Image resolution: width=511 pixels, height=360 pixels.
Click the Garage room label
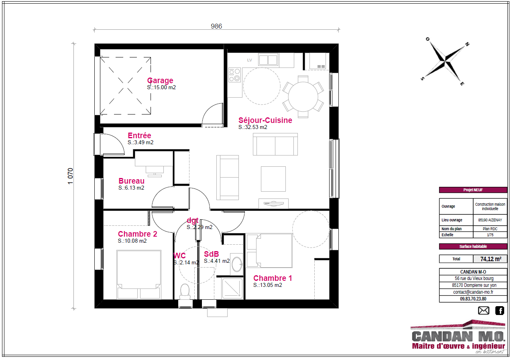click(160, 80)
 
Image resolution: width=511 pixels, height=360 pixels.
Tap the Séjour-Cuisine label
click(265, 120)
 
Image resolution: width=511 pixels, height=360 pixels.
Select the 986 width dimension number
click(216, 26)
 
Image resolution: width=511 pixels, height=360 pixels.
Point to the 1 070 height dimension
click(70, 176)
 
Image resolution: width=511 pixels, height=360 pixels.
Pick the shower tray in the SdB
click(232, 288)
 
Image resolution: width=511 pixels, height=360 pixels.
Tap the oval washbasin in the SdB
click(237, 264)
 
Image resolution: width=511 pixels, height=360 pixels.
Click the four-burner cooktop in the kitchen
click(234, 75)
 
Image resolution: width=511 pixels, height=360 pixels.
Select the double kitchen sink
click(268, 60)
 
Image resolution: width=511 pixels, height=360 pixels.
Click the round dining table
click(303, 97)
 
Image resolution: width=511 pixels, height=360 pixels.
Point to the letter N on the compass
click(467, 44)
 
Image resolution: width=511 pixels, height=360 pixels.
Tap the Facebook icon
click(500, 311)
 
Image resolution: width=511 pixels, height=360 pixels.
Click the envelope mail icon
click(484, 311)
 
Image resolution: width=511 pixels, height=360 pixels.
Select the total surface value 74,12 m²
click(491, 259)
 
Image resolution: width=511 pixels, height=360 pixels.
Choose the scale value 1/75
click(490, 235)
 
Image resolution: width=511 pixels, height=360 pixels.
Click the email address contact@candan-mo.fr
click(473, 292)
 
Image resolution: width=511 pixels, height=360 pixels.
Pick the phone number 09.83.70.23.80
click(473, 299)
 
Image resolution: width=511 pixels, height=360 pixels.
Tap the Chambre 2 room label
click(138, 234)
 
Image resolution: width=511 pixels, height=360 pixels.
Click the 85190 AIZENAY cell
click(490, 220)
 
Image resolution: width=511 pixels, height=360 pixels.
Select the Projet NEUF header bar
click(473, 190)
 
